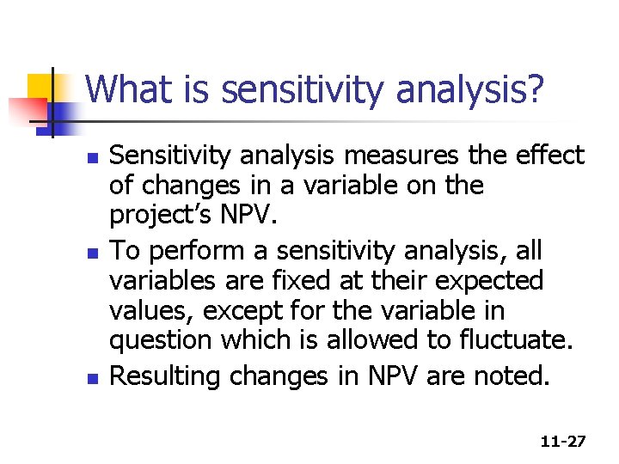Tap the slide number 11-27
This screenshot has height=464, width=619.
tap(563, 442)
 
